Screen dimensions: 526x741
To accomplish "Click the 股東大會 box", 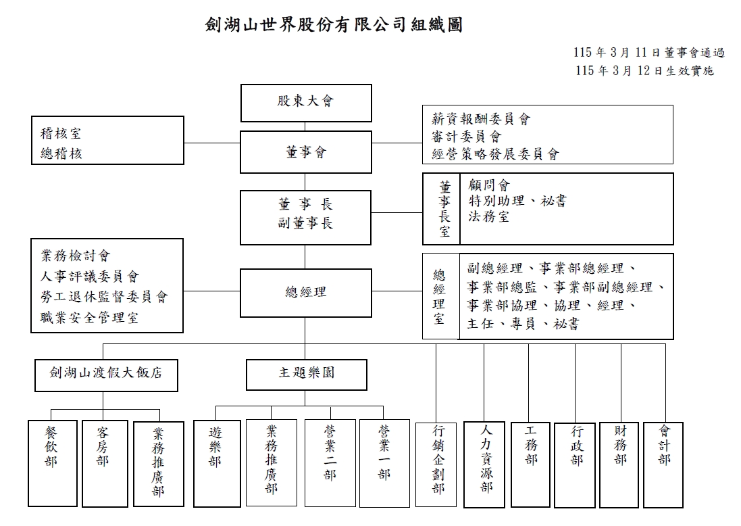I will (x=306, y=102).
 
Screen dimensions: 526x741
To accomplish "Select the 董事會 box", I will (x=306, y=152).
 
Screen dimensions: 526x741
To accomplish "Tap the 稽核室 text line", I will (x=61, y=134).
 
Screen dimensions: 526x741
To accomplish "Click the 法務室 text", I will (x=489, y=217).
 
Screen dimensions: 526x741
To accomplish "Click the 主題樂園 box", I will (x=307, y=375).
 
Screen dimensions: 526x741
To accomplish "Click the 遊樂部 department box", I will (x=216, y=462).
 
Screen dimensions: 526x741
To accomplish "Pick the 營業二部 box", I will (x=330, y=462).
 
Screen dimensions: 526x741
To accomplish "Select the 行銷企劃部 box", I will (x=438, y=464).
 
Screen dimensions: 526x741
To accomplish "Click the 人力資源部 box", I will (x=486, y=464).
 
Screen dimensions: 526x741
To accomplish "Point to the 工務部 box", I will (x=531, y=463).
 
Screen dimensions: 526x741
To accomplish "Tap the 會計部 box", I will (x=664, y=463).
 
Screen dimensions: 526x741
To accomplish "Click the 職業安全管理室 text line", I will (x=89, y=318).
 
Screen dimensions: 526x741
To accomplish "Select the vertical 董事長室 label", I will (x=444, y=209).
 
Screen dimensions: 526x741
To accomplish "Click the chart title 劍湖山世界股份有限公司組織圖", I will (x=334, y=26).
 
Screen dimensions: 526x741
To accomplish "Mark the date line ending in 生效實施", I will (x=645, y=70).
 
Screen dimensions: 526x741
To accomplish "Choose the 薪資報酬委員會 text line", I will (x=481, y=120).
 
